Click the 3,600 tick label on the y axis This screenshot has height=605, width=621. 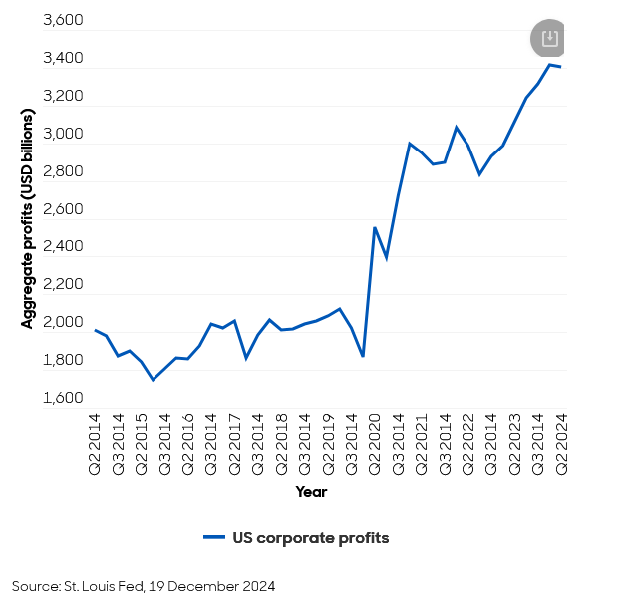62,21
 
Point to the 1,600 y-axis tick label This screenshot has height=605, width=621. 62,398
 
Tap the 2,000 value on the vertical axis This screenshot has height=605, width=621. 62,323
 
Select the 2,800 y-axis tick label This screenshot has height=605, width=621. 62,171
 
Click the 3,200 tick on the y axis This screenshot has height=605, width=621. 62,97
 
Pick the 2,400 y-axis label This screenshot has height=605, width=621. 62,247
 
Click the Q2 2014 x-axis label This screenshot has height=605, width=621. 96,442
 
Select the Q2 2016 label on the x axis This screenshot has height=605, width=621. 188,442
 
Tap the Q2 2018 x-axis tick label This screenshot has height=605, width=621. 282,442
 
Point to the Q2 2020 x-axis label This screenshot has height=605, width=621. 375,442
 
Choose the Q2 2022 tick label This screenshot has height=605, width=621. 467,442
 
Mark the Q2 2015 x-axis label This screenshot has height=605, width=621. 142,442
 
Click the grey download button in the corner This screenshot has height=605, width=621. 548,39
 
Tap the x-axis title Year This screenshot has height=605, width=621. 311,492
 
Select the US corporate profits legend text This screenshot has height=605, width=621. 311,538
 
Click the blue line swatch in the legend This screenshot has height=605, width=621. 214,538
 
